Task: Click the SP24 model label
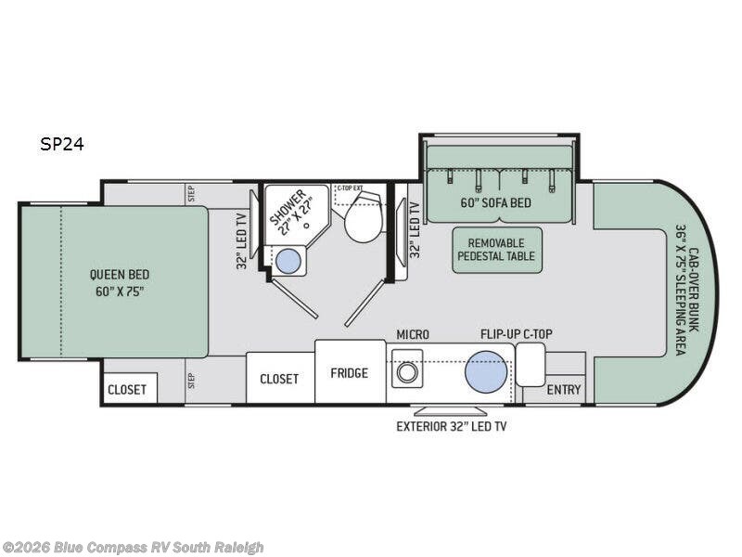tap(62, 144)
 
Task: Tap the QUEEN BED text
tap(120, 275)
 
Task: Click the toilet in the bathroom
tap(363, 215)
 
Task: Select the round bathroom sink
tap(288, 262)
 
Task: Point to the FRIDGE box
tap(350, 372)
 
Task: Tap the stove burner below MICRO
tap(406, 372)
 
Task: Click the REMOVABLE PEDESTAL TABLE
tap(497, 250)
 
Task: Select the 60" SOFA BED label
tap(496, 202)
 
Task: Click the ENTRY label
tap(564, 390)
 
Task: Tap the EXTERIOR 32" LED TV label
tap(452, 426)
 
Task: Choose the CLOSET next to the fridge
tap(280, 378)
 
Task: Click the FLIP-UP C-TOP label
tap(517, 334)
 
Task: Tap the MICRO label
tap(413, 335)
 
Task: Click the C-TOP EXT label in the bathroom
tap(350, 188)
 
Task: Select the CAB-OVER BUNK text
tap(694, 290)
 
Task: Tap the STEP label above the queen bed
tap(191, 193)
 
